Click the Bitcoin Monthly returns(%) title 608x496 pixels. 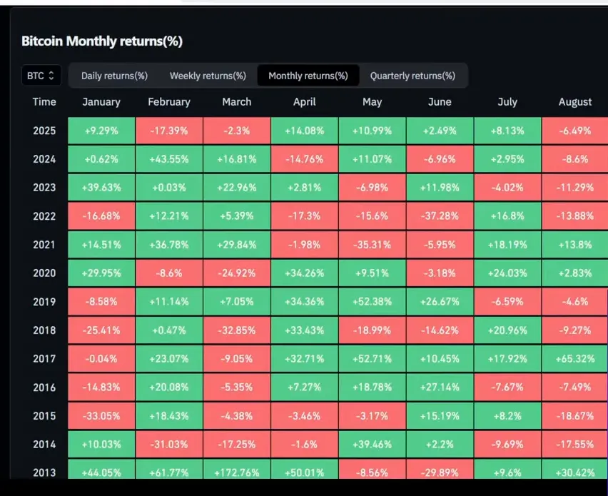click(x=102, y=41)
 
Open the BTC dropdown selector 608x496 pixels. click(x=41, y=76)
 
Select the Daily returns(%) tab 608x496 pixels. click(x=114, y=76)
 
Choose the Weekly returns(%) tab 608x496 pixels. click(x=208, y=76)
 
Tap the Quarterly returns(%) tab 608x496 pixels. click(x=412, y=76)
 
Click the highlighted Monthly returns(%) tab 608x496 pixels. click(x=308, y=76)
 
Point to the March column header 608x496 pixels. click(x=237, y=102)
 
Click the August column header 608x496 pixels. click(x=575, y=102)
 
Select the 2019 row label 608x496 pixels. click(x=44, y=302)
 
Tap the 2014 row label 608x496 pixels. click(x=44, y=444)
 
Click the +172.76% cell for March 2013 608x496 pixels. click(x=237, y=472)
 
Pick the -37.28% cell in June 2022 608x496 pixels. click(x=440, y=216)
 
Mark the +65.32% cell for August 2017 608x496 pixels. click(x=575, y=359)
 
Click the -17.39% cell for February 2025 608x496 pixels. click(x=169, y=131)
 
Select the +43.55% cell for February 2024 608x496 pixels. click(x=169, y=159)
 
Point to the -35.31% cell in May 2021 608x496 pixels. click(x=372, y=245)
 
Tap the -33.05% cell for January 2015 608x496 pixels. click(x=101, y=415)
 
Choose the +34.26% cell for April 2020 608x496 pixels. click(x=305, y=273)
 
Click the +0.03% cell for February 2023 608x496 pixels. click(x=169, y=188)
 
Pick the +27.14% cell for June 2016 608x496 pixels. click(x=440, y=387)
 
